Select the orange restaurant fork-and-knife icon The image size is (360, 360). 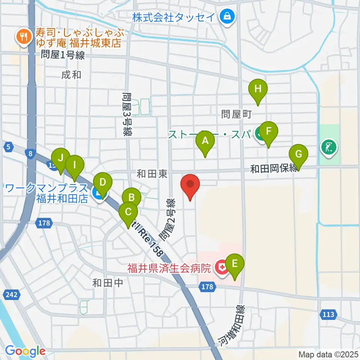click(23, 36)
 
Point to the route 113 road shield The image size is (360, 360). click(328, 314)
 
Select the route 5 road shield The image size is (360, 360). click(8, 147)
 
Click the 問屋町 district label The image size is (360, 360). click(235, 114)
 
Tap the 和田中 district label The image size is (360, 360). click(108, 283)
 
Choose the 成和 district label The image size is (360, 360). click(71, 75)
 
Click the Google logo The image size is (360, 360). click(25, 351)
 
